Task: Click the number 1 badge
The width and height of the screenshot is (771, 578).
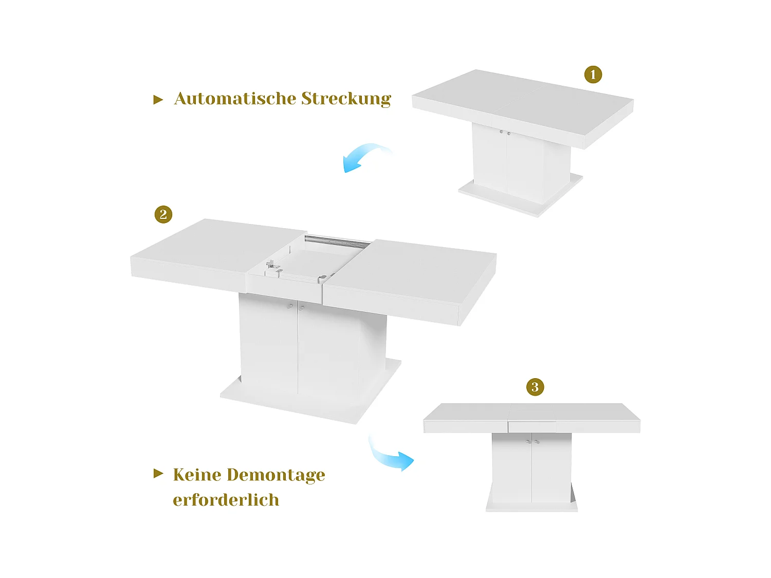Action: point(593,74)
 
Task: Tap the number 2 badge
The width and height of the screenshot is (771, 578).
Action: point(163,214)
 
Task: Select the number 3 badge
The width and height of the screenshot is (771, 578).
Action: point(535,387)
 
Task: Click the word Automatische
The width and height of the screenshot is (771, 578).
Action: point(234,98)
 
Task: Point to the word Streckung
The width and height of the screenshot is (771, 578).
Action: point(346,99)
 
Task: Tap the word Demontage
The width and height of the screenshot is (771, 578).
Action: point(276,475)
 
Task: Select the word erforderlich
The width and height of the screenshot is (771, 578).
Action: point(226,500)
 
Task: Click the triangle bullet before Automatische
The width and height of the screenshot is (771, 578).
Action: point(158,100)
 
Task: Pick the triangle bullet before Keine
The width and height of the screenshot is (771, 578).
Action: point(158,473)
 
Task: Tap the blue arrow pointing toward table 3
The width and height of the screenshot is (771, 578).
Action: point(390,455)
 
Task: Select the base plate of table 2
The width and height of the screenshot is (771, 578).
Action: point(308,401)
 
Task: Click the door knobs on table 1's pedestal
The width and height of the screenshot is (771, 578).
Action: point(505,133)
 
